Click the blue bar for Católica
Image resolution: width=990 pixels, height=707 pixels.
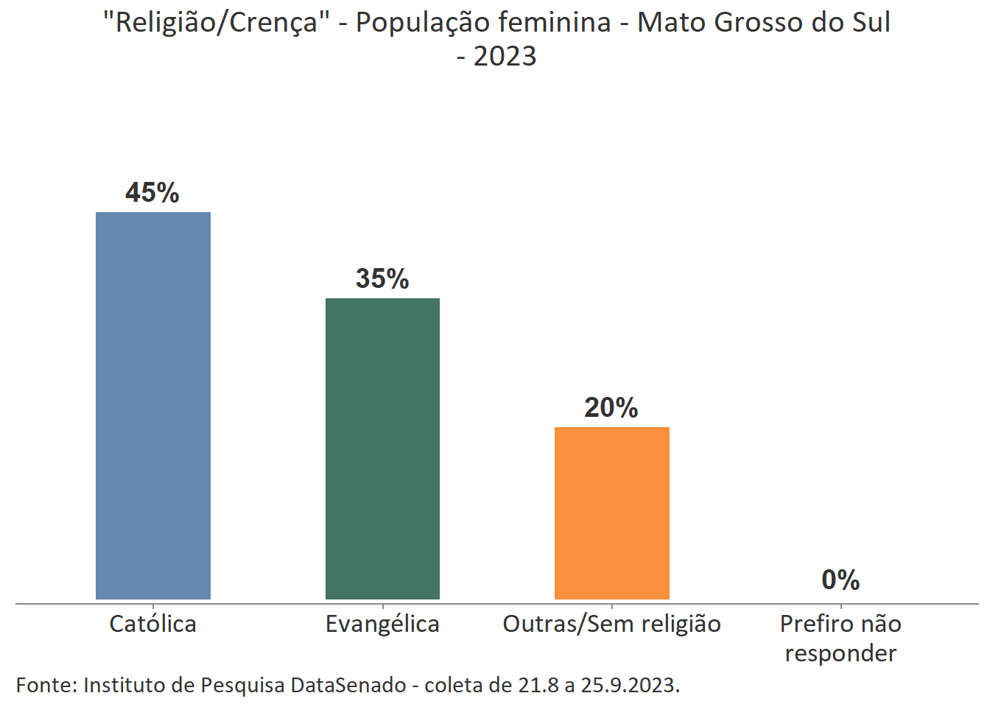[x=153, y=405]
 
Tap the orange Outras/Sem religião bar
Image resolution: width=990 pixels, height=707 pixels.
[x=611, y=513]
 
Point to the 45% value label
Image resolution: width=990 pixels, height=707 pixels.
[x=152, y=193]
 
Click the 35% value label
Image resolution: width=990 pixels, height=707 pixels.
[x=382, y=279]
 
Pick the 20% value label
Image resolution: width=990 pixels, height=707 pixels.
[x=611, y=408]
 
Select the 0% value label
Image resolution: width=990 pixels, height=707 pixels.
[x=840, y=580]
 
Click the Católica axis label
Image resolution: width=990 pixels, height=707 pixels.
[x=153, y=625]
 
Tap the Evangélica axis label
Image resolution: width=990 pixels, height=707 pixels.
[x=382, y=625]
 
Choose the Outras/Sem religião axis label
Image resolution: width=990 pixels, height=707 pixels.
[x=611, y=625]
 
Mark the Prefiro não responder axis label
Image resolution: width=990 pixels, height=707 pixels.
[x=840, y=639]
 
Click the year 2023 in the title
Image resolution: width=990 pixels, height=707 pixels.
[x=505, y=57]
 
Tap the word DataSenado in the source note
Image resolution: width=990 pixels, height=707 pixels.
[x=348, y=685]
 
